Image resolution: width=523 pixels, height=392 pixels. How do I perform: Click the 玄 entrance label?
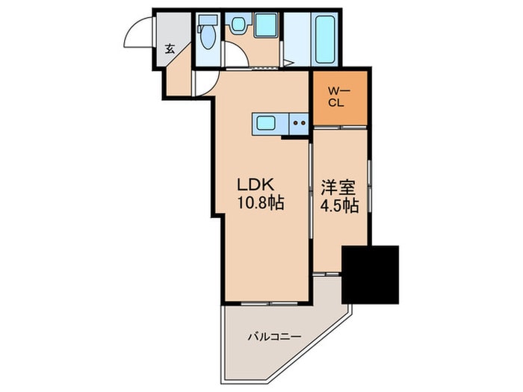[170, 50]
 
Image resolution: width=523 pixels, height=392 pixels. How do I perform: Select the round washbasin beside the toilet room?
[238, 25]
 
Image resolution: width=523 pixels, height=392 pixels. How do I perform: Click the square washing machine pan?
[265, 25]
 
